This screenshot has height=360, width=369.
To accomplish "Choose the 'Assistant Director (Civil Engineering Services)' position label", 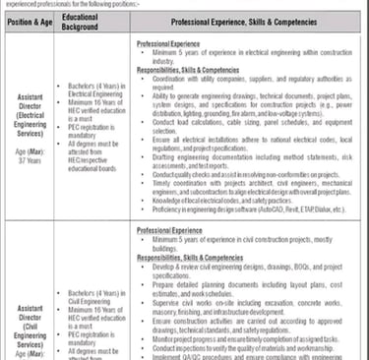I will click(31, 306).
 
